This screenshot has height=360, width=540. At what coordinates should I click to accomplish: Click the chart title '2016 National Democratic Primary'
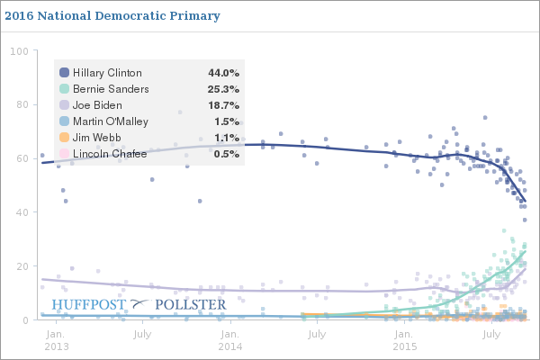[112, 16]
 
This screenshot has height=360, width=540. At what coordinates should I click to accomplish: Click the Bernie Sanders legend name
[111, 89]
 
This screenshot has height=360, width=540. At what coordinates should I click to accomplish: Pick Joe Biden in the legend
[98, 105]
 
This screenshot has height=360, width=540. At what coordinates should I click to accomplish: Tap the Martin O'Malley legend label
[111, 121]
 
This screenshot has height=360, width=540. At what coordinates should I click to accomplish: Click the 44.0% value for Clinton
[223, 73]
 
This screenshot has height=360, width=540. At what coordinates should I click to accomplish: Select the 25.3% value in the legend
[223, 89]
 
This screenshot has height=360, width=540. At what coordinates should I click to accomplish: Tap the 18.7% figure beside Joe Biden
[223, 105]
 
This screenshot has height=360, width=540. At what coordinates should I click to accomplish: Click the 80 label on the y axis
[22, 104]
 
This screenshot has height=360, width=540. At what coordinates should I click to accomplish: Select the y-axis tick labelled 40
[22, 212]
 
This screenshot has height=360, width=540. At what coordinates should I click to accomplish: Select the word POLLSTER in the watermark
[191, 304]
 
